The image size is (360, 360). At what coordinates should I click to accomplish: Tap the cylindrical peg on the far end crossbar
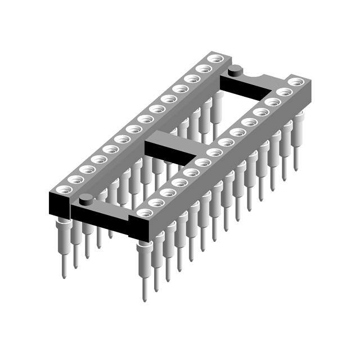tap(235, 70)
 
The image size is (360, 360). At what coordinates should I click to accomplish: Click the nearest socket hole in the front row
tap(145, 213)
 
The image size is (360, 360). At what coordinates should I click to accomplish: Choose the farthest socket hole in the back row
tap(214, 58)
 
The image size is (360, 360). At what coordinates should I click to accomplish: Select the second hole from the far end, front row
tap(284, 92)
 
